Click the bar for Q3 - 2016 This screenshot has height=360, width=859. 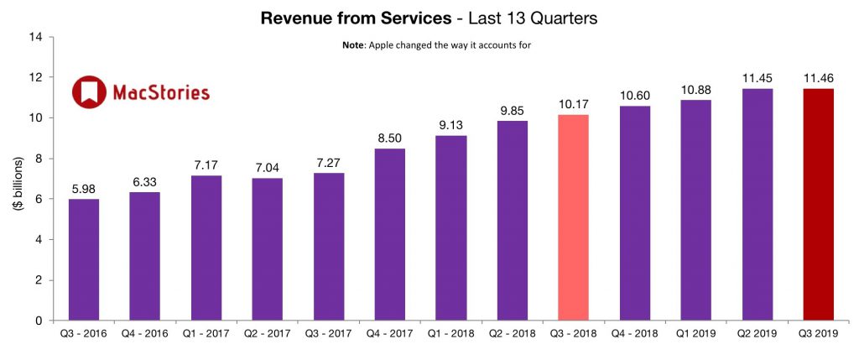pyautogui.click(x=84, y=259)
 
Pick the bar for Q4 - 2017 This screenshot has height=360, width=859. pyautogui.click(x=390, y=234)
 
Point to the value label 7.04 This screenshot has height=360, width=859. pyautogui.click(x=268, y=167)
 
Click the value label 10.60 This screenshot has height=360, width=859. pyautogui.click(x=635, y=96)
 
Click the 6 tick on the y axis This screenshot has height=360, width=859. pyautogui.click(x=38, y=199)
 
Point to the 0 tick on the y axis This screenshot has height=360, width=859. pyautogui.click(x=38, y=321)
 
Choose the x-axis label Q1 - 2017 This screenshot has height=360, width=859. pyautogui.click(x=206, y=333)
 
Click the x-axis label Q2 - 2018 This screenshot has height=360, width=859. pyautogui.click(x=513, y=333)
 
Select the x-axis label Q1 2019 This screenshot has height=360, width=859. pyautogui.click(x=696, y=333)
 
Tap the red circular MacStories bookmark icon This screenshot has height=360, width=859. pyautogui.click(x=89, y=92)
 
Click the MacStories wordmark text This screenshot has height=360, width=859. pyautogui.click(x=160, y=92)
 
